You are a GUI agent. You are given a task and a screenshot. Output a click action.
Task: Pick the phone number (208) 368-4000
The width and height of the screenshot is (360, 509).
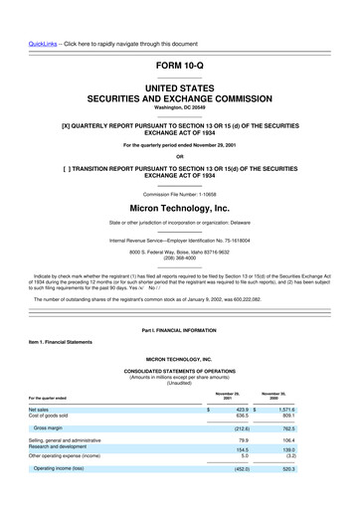[179, 260]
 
